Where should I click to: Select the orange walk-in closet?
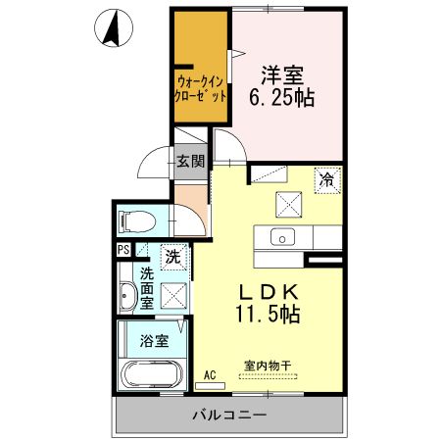pos(201,69)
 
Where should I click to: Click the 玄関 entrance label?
pos(190,160)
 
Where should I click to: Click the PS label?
pos(122,250)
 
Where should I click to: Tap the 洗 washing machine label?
pos(171,259)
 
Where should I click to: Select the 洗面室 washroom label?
pos(146,288)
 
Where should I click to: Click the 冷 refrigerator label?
pos(326,180)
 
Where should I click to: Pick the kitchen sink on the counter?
pos(282,237)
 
